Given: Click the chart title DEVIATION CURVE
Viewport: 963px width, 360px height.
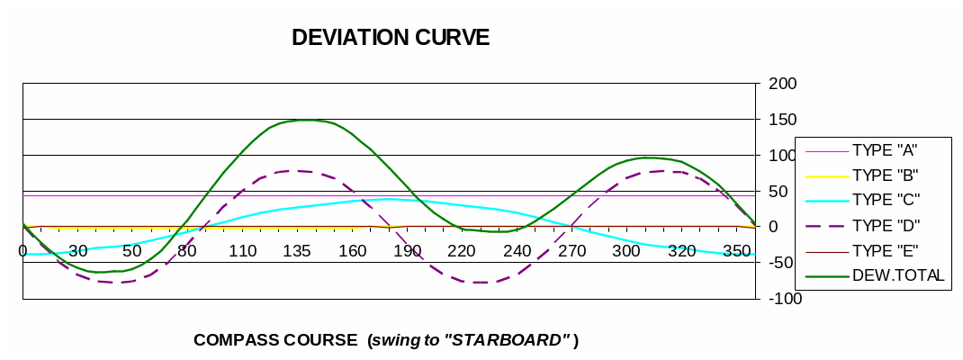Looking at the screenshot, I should pos(391,38).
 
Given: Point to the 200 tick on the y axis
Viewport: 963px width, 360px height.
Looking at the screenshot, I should pos(783,84).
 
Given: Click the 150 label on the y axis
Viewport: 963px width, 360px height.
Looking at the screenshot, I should pos(783,120).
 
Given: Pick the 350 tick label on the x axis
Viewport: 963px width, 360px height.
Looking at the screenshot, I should pos(736,250).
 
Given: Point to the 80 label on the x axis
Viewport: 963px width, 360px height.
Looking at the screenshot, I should pos(187,250).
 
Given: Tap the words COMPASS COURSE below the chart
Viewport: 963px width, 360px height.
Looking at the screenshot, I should pos(275,340).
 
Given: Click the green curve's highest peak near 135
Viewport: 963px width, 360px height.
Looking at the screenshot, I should pos(306,120).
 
